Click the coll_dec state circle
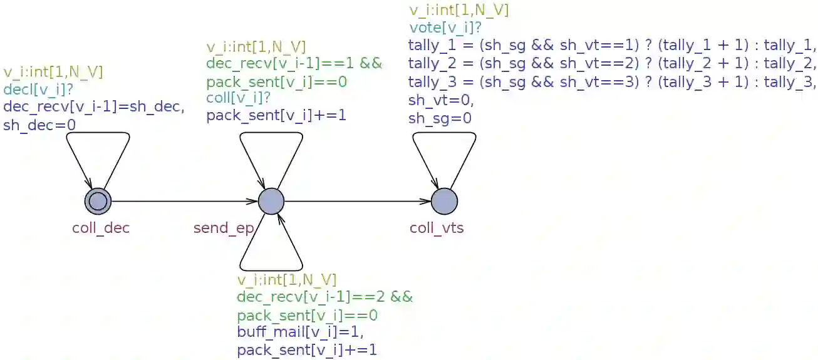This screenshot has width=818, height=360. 98,201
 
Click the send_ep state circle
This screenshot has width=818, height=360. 271,201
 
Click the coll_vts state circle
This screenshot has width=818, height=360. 444,201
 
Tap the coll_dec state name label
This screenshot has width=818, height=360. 101,228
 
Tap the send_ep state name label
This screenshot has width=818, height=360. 223,228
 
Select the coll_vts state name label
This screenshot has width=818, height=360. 437,228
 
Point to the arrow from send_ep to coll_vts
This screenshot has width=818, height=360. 358,201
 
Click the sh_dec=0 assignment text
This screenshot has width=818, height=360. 39,125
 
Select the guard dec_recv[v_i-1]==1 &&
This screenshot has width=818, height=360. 294,64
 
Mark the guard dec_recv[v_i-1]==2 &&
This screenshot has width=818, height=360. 324,297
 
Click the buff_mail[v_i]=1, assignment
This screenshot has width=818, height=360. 300,331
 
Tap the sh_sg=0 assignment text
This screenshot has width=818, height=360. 440,118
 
